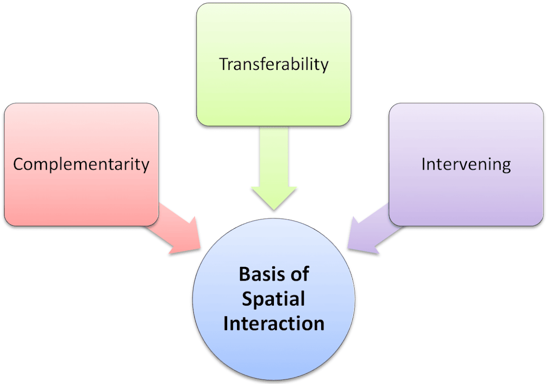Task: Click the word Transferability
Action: pos(274,65)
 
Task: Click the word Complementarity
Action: pos(81,164)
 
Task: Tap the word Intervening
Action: pos(466,164)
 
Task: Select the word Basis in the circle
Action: pos(261,274)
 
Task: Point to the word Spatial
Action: pos(273,299)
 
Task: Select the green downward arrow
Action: pos(274,168)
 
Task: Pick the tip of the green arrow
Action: pos(274,210)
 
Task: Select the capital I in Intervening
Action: pos(423,164)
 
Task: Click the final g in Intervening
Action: pos(506,167)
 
